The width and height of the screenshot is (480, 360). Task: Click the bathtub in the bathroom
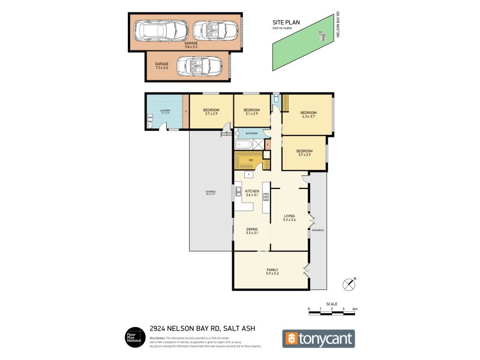(x=244, y=145)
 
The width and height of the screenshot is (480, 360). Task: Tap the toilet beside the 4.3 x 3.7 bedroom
(x=275, y=97)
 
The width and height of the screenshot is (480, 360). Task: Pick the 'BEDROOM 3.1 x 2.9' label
(x=251, y=112)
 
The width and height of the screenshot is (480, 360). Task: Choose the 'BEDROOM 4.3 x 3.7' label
(x=308, y=114)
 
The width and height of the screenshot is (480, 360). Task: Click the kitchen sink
(x=239, y=193)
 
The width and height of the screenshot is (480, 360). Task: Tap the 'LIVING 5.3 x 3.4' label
(x=290, y=218)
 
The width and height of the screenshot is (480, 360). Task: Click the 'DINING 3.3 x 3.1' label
(x=251, y=230)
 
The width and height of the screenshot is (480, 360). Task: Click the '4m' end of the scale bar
(x=355, y=308)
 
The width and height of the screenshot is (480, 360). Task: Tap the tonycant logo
(x=318, y=338)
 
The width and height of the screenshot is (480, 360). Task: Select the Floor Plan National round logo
(x=133, y=337)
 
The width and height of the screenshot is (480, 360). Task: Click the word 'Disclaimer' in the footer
(x=158, y=338)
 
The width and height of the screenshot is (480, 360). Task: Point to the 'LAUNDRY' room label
(x=166, y=111)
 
